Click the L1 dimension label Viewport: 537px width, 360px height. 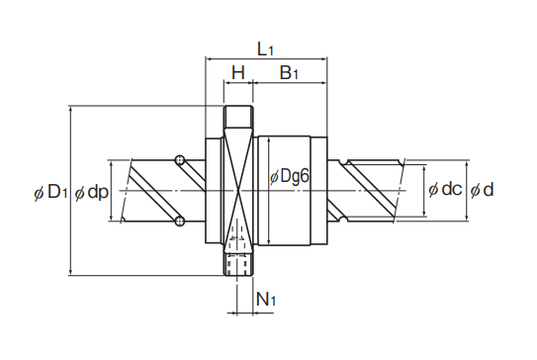[x=265, y=50]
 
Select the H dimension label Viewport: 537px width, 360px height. [x=238, y=72]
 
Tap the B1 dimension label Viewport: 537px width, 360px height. [x=289, y=72]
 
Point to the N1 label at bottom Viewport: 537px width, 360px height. [x=266, y=300]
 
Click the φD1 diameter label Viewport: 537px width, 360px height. [x=50, y=193]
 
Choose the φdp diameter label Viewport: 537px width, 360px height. [x=91, y=193]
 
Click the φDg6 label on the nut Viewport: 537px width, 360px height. [x=290, y=176]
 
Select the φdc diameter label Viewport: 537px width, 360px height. [x=445, y=189]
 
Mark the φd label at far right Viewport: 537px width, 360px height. [x=482, y=190]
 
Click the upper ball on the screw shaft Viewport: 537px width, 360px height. [x=179, y=160]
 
